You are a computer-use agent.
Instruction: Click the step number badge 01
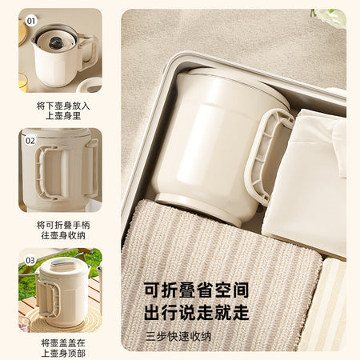pos(31,21)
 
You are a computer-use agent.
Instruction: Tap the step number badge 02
pos(30,141)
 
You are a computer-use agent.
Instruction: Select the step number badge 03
pos(30,260)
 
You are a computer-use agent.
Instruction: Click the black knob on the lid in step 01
pos(56,42)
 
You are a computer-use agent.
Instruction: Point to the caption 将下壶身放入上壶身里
pos(63,110)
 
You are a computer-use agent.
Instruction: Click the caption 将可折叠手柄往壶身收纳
pos(63,230)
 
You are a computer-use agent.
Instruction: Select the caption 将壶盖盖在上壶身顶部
pos(63,348)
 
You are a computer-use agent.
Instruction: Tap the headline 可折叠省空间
pos(197,290)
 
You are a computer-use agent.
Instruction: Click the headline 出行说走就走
pos(197,312)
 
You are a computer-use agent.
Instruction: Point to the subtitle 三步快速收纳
pos(178,337)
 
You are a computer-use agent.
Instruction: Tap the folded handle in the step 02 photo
pos(46,173)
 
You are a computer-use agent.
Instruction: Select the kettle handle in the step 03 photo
pos(48,298)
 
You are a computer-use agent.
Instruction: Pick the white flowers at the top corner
pos(330,16)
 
